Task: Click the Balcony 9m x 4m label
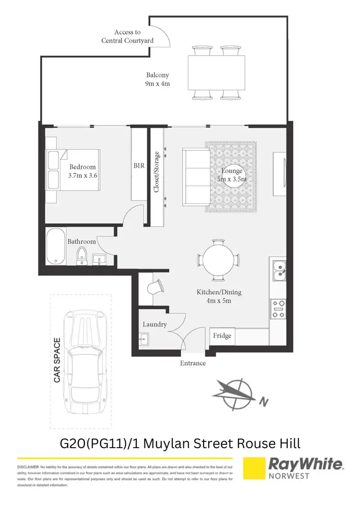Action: click(158, 79)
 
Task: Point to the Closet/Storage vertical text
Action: click(156, 172)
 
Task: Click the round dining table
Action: click(218, 260)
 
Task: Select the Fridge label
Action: click(222, 335)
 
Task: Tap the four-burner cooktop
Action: click(278, 308)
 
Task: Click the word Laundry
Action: click(155, 324)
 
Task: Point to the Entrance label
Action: click(192, 363)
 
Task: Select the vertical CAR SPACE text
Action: click(58, 360)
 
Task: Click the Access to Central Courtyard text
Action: click(127, 36)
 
